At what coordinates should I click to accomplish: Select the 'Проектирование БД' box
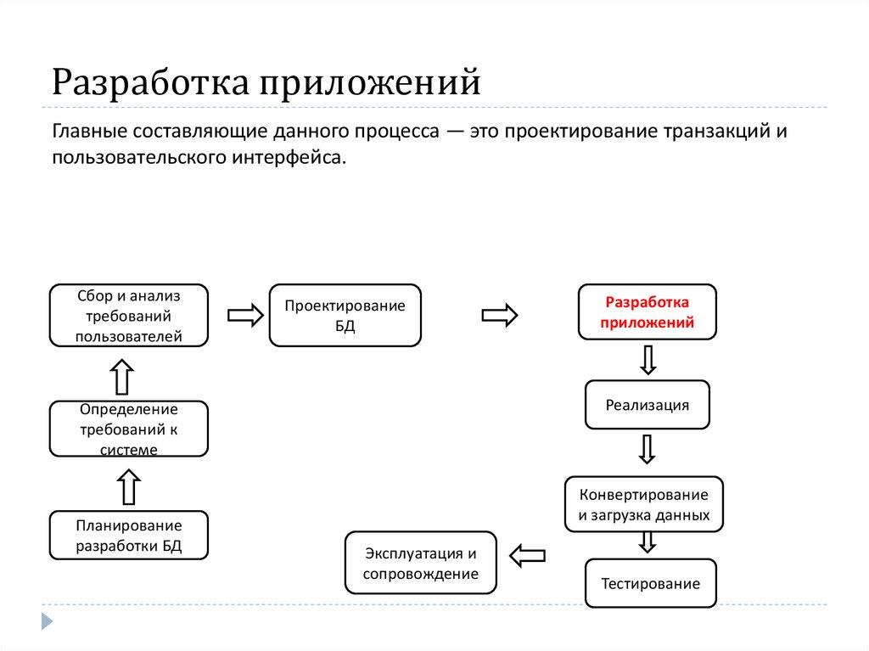point(345,315)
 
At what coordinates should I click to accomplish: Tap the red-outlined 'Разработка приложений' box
point(648,312)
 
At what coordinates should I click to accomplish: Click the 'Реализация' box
point(648,405)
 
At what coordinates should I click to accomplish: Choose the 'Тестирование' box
point(650,584)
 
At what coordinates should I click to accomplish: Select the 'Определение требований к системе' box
point(128,428)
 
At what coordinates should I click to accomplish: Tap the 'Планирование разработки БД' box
point(128,535)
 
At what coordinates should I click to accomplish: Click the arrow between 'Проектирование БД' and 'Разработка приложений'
point(501,315)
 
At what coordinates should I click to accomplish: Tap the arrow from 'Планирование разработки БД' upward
point(127,487)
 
